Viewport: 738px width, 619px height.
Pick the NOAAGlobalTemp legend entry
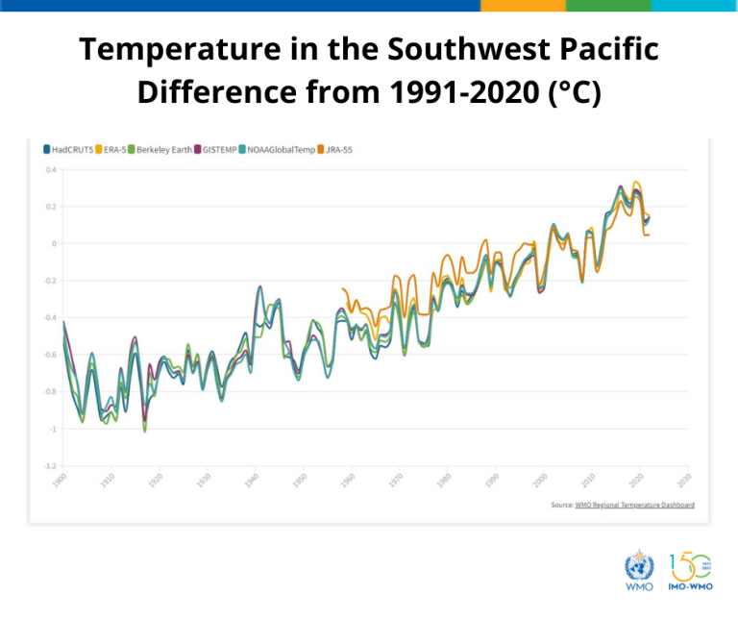pos(282,150)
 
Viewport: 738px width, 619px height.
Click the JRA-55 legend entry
pos(338,150)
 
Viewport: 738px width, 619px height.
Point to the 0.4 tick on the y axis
pos(51,169)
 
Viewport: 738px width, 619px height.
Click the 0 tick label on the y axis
pos(54,243)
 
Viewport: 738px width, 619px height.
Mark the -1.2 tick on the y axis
pos(50,466)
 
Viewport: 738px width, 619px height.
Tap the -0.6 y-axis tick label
pos(50,355)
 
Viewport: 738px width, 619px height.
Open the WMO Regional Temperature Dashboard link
pos(635,505)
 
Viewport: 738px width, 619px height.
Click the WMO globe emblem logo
pos(638,566)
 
